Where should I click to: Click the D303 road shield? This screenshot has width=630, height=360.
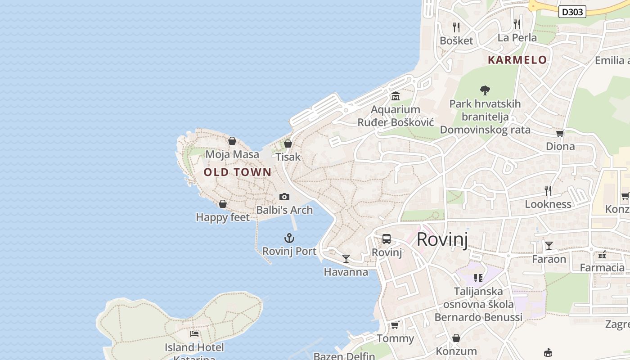(572, 12)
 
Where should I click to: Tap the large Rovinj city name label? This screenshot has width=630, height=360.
(442, 239)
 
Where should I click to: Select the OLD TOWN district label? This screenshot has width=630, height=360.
(238, 172)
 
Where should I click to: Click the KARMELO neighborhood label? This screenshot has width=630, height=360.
(517, 60)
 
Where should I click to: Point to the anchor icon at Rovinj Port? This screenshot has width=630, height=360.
(289, 238)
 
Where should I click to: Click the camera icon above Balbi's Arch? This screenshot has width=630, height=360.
(284, 197)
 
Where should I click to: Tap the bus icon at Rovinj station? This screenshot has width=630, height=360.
(387, 239)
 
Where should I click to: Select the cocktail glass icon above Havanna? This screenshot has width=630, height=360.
(346, 258)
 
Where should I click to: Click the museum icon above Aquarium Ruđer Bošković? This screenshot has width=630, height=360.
(396, 96)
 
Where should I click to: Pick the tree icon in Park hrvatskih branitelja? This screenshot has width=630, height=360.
(485, 90)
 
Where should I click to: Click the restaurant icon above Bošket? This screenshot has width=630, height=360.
(456, 27)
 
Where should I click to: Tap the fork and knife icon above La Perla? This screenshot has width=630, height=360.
(517, 24)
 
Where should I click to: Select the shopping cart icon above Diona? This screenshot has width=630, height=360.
(560, 133)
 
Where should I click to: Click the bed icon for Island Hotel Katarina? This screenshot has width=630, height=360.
(194, 334)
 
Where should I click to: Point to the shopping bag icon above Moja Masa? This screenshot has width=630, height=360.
(232, 141)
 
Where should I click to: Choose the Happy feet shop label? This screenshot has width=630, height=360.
(223, 217)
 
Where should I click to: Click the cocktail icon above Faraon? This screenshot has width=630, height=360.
(549, 246)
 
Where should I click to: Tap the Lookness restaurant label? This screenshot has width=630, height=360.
(548, 204)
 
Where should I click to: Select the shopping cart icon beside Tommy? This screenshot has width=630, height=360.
(395, 325)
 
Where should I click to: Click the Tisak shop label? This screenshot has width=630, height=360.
(288, 157)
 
